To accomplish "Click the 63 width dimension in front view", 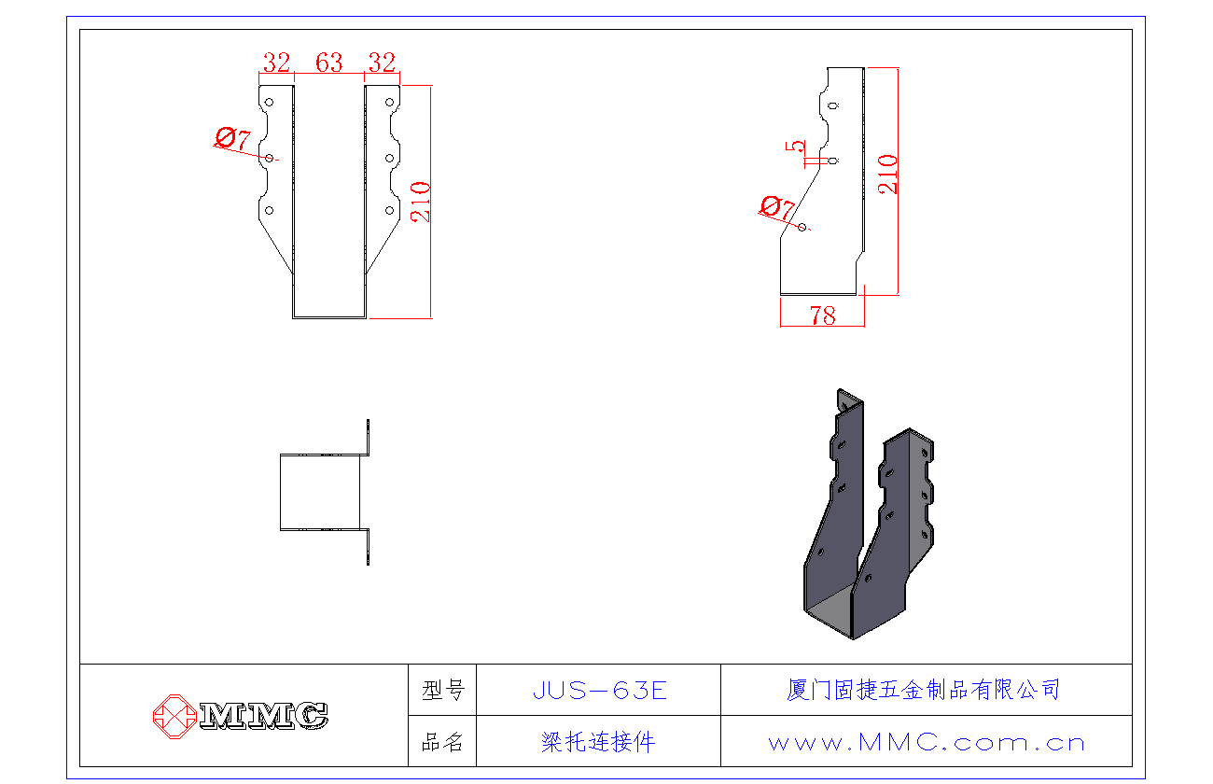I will pyautogui.click(x=329, y=63).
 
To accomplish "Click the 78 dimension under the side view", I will pyautogui.click(x=823, y=315).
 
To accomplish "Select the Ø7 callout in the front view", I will pyautogui.click(x=232, y=140).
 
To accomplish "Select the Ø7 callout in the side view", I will pyautogui.click(x=776, y=207).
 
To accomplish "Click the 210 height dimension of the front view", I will pyautogui.click(x=421, y=201).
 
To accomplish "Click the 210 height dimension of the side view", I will pyautogui.click(x=888, y=174).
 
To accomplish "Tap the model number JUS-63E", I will pyautogui.click(x=599, y=691).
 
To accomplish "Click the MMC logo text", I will pyautogui.click(x=264, y=716).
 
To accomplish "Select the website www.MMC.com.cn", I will pyautogui.click(x=927, y=743).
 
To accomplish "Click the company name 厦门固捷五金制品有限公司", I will pyautogui.click(x=924, y=691).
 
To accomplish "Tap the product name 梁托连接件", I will pyautogui.click(x=598, y=743).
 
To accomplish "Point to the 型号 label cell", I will pyautogui.click(x=442, y=691).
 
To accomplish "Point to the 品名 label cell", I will pyautogui.click(x=442, y=743).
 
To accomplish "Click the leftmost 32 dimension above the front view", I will pyautogui.click(x=276, y=63).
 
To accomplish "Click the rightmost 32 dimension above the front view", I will pyautogui.click(x=382, y=63).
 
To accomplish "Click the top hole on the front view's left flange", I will pyautogui.click(x=269, y=102).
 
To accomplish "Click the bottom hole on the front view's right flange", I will pyautogui.click(x=388, y=210).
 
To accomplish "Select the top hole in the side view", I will pyautogui.click(x=833, y=105).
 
